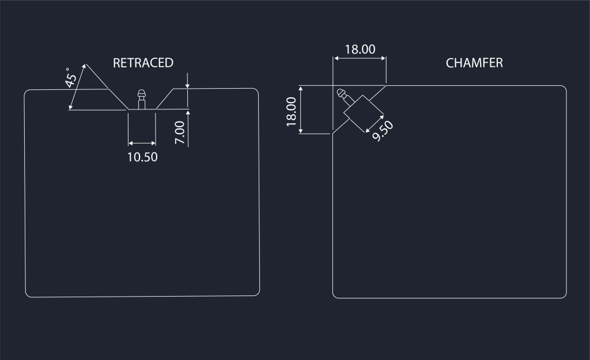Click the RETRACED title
pos(143,63)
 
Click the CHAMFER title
pos(474,63)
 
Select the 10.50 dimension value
pos(142,157)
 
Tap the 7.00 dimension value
pos(180,132)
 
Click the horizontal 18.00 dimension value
pos(360,50)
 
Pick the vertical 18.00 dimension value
pos(291,112)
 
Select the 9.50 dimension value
pos(383,131)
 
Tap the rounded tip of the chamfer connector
pos(340,92)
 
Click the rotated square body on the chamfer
pos(364,114)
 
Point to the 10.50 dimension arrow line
pos(142,143)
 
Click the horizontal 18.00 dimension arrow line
pos(360,58)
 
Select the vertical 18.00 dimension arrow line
pos(301,109)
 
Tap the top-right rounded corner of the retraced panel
pos(256,90)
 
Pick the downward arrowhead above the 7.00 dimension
pos(188,86)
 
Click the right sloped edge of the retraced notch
pos(164,99)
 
